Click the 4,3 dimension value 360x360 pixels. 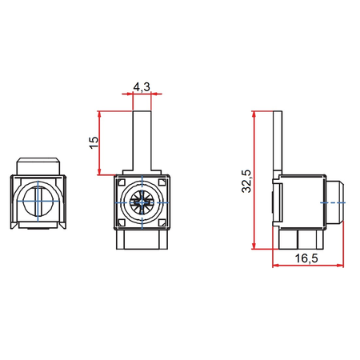click(x=141, y=86)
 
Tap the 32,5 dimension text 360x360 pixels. click(x=247, y=180)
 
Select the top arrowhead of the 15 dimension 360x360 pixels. click(x=100, y=113)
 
